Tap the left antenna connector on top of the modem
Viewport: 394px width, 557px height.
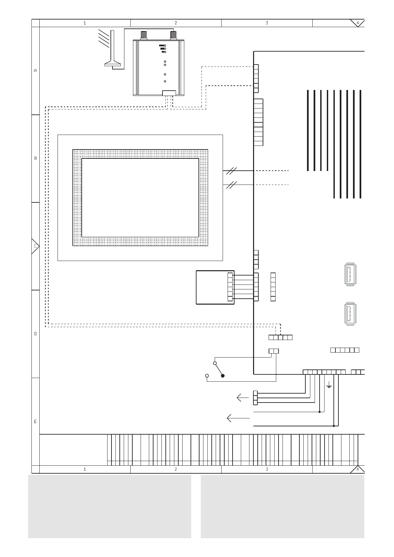tap(144, 35)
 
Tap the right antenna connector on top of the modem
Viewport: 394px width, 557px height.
tap(173, 35)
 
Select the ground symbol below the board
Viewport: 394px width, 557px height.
tap(329, 385)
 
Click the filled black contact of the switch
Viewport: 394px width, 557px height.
tap(223, 376)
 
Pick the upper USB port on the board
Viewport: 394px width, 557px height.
tap(350, 274)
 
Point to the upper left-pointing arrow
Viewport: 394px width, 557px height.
tap(242, 398)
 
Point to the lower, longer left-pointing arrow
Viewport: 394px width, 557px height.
tap(238, 418)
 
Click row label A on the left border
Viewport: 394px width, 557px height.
tap(35, 70)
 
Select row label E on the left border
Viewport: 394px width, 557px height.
tap(35, 422)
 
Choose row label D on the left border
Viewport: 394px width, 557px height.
tap(35, 334)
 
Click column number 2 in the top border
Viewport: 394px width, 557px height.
tap(176, 23)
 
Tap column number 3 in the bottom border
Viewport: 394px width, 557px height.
tap(267, 469)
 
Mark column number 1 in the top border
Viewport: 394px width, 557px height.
tap(85, 23)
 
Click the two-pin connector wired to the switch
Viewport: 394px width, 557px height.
tap(274, 351)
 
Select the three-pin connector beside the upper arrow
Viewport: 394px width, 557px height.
tap(255, 398)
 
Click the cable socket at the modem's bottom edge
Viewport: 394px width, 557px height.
tap(169, 93)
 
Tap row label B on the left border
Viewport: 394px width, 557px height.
tap(35, 158)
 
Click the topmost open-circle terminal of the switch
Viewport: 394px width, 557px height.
tap(215, 363)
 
